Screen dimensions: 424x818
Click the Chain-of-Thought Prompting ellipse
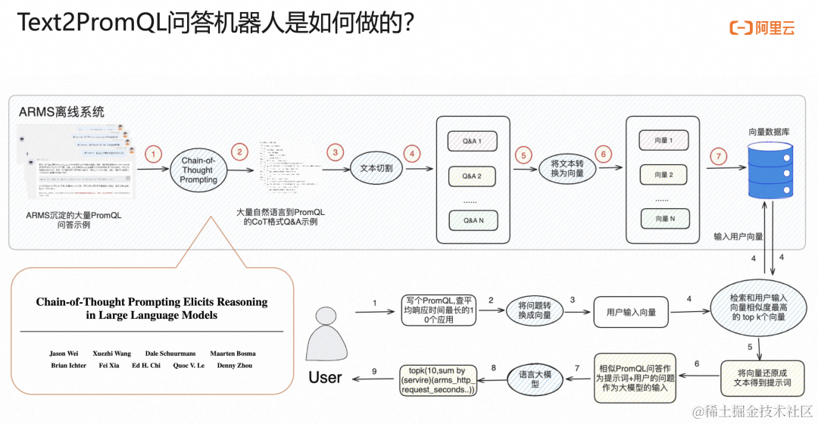pyautogui.click(x=199, y=170)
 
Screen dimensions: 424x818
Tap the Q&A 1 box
pyautogui.click(x=473, y=140)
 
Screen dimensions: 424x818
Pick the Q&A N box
pyautogui.click(x=473, y=220)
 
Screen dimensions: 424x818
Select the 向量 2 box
pyautogui.click(x=663, y=175)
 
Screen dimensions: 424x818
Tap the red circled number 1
pyautogui.click(x=154, y=154)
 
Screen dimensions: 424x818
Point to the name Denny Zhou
pyautogui.click(x=235, y=366)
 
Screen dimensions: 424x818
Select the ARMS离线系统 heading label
pyautogui.click(x=61, y=112)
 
